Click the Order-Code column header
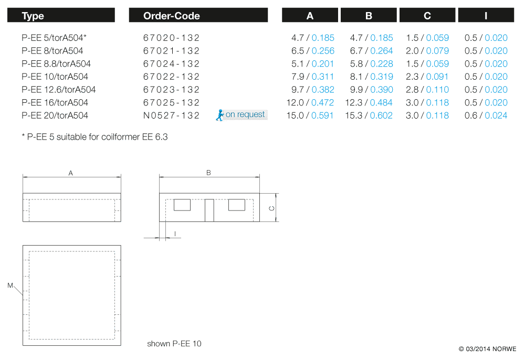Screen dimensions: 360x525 coord(172,16)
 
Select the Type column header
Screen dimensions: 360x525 coord(33,16)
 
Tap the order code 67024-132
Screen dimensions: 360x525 coord(172,63)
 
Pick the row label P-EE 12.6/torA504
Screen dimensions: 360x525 coord(59,89)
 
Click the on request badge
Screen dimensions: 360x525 coord(245,114)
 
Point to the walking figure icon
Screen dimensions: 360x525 coord(220,115)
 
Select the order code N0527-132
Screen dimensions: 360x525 coord(172,115)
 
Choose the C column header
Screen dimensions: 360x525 coord(427,16)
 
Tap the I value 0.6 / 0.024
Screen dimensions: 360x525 coord(486,115)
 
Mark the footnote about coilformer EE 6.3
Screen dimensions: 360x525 coord(94,137)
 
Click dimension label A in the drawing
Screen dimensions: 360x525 coord(71,173)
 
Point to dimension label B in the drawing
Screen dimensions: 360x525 coord(208,173)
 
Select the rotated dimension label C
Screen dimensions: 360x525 coord(271,208)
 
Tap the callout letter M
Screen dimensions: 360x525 coord(10,285)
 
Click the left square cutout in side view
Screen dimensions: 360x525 coord(182,205)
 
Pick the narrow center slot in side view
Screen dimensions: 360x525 coord(209,210)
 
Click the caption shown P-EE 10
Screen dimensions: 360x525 coord(174,344)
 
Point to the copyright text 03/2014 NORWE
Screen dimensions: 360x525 coord(487,349)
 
